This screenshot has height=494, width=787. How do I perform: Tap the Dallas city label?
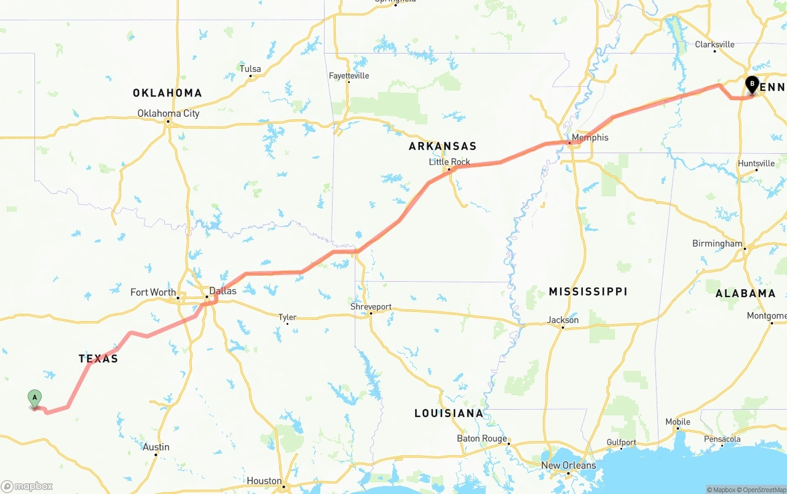tap(223, 290)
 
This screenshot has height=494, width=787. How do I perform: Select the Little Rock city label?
tap(449, 162)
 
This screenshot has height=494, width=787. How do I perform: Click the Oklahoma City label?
tap(168, 113)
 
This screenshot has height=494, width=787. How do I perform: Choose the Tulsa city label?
tap(250, 69)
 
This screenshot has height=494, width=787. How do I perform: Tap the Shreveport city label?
tap(371, 306)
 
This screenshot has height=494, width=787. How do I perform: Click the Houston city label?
tap(264, 480)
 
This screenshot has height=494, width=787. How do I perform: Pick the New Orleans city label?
tap(568, 465)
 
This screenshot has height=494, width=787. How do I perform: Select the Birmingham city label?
tap(717, 243)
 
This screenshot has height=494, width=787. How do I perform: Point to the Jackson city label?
tap(563, 319)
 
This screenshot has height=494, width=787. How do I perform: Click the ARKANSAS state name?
tap(443, 146)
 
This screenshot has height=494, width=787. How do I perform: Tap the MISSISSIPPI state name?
tap(588, 291)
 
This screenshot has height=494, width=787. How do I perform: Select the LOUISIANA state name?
tap(449, 413)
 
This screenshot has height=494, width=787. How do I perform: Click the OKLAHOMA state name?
tap(167, 93)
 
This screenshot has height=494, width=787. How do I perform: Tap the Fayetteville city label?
tap(349, 76)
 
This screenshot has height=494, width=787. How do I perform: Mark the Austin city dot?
tap(157, 455)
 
